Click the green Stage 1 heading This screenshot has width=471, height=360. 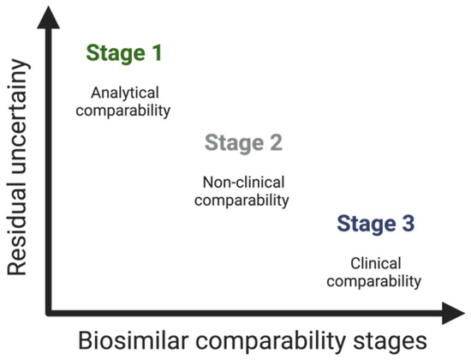tap(124, 54)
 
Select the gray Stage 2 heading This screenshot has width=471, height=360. tap(243, 143)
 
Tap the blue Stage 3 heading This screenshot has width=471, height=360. tap(376, 225)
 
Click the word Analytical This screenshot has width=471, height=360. tap(125, 93)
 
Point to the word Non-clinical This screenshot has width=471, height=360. tap(243, 183)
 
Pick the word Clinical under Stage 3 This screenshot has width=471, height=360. tap(376, 263)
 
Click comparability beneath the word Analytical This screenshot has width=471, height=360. tap(123, 111)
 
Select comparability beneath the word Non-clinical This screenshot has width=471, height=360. tap(241, 201)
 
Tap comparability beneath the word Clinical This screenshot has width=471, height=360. tap(374, 281)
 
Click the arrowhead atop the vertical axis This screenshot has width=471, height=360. tap(48, 18)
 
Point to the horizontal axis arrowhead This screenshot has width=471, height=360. tap(453, 313)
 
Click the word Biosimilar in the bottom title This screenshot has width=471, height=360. tap(134, 341)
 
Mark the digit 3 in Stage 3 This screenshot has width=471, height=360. tap(408, 224)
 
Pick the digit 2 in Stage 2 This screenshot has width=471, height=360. tap(276, 143)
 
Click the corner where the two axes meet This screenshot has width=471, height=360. tap(49, 313)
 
